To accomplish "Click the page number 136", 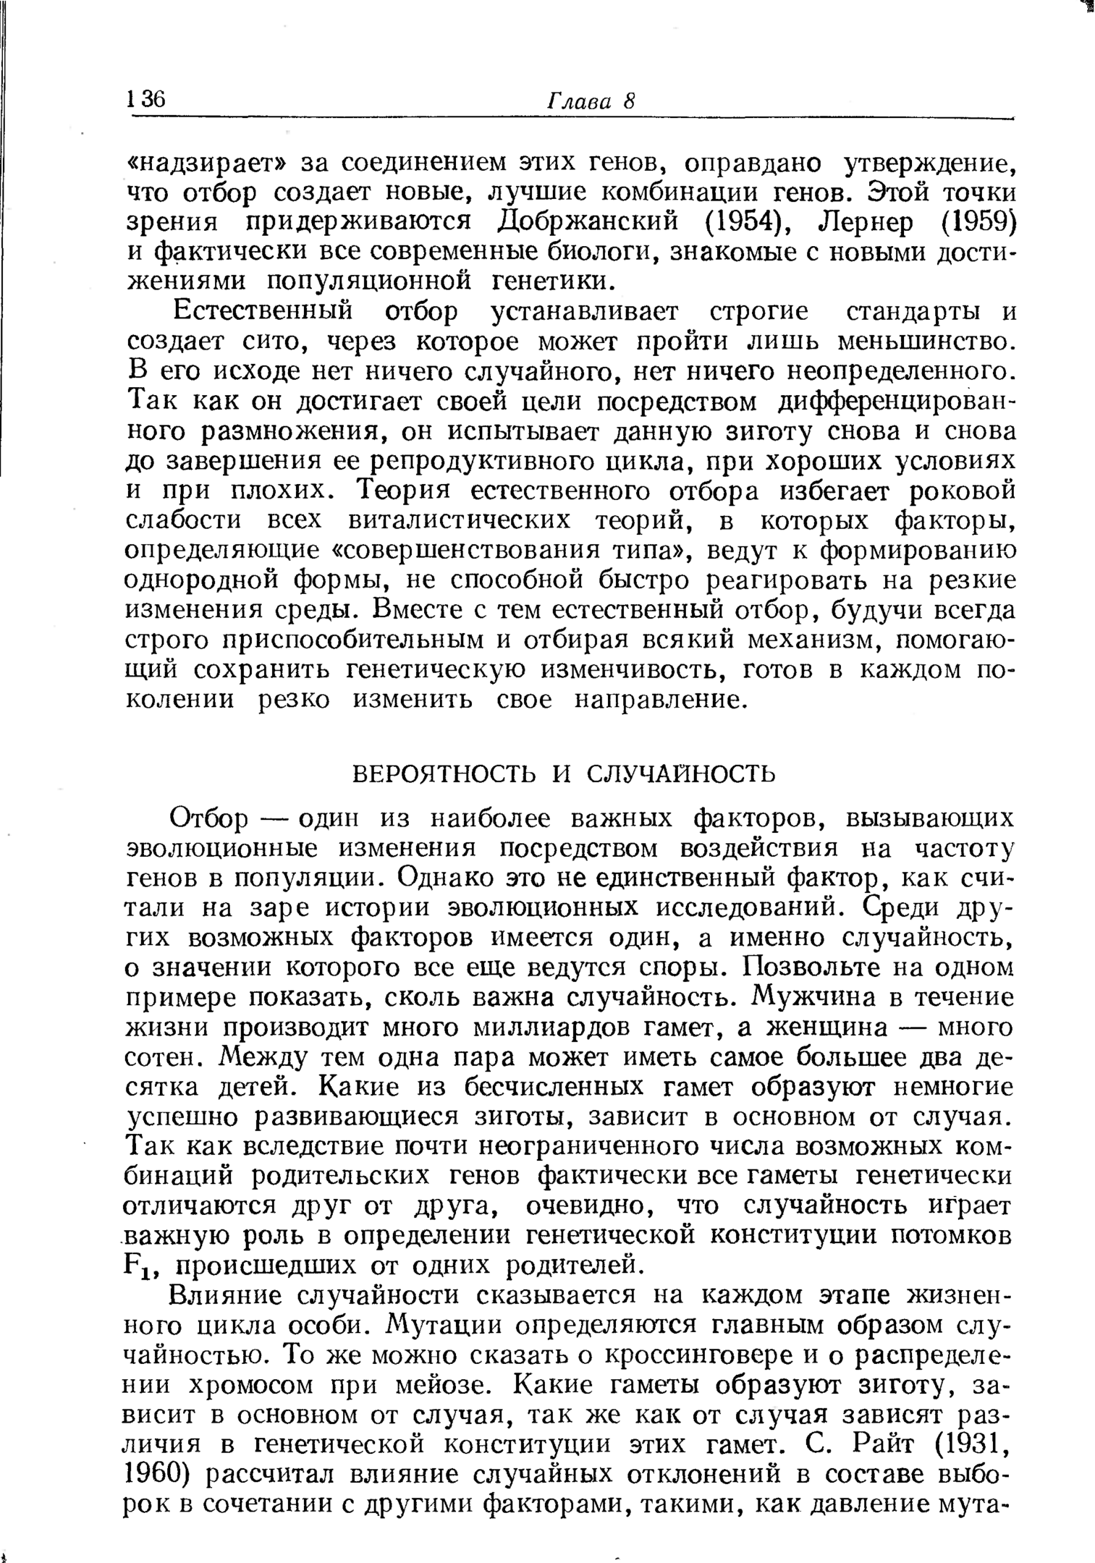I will click(x=146, y=100).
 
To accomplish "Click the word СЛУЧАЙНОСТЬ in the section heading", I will click(x=680, y=774).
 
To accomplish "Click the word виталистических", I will click(x=464, y=521).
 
